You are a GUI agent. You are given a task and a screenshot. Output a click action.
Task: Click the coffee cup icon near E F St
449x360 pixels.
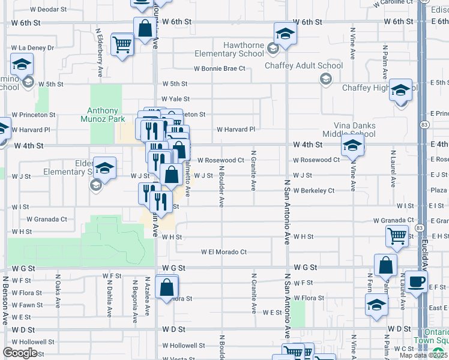[x=416, y=281]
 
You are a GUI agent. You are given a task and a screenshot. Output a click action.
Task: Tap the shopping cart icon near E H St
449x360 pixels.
[x=397, y=235]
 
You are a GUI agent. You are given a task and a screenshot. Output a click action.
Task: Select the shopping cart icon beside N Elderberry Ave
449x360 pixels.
[x=122, y=43]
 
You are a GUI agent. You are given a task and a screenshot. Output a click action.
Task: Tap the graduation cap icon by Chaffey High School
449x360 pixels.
[x=400, y=90]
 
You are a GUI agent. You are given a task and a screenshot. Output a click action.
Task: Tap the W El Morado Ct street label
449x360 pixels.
[x=224, y=252]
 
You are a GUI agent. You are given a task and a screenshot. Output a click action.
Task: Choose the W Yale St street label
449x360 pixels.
[x=175, y=99]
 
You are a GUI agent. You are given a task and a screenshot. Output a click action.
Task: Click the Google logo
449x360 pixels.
[x=20, y=353]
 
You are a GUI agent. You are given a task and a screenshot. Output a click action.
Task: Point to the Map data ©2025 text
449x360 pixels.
[x=423, y=355]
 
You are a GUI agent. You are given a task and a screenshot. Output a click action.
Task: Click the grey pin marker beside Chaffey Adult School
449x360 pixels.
[x=325, y=78]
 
